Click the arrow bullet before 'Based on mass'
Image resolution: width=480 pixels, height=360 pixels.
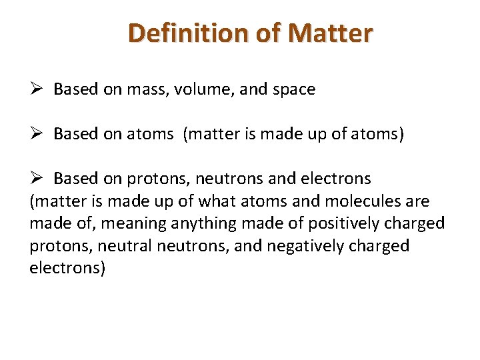coord(37,89)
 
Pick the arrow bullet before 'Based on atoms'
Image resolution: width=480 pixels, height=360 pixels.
coord(37,134)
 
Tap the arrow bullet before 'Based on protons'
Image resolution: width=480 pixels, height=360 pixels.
coord(37,179)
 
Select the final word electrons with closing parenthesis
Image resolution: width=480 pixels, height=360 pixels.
coord(67,269)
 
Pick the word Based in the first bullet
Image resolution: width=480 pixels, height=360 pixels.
coord(75,89)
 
